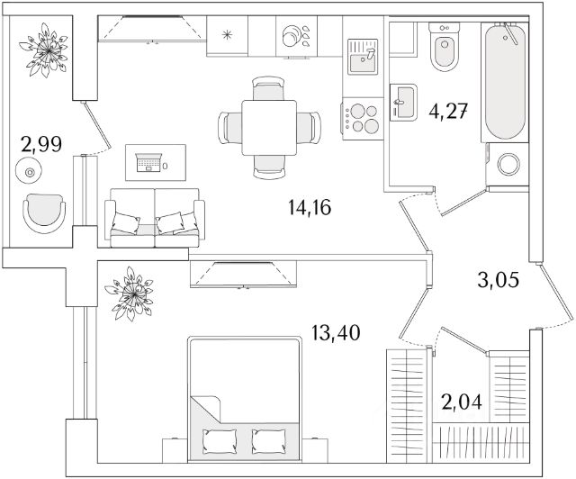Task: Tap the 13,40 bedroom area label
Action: point(337,333)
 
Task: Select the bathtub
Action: point(505,81)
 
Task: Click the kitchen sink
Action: point(363,59)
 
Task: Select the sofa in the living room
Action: point(154,216)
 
